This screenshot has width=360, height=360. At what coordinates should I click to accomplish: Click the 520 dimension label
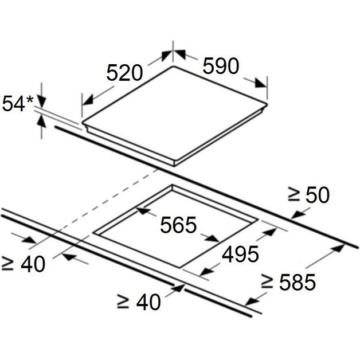124,73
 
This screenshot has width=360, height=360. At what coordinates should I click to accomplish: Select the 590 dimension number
221,66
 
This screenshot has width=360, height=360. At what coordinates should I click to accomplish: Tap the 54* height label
18,104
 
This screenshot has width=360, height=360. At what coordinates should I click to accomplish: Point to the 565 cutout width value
178,225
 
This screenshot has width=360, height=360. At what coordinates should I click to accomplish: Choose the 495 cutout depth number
240,254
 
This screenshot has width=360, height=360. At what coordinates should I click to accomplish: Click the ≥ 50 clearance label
309,195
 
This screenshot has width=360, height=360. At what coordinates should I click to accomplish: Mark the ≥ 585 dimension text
288,281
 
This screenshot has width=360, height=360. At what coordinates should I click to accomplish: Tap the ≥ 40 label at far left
23,264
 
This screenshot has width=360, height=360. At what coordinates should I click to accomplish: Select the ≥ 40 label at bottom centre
139,302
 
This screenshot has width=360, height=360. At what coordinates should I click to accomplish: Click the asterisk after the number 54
30,100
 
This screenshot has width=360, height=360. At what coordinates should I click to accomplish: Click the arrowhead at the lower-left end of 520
88,100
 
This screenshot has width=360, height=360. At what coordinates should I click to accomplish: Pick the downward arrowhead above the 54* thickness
41,102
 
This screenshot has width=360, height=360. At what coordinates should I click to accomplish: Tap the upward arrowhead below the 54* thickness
41,121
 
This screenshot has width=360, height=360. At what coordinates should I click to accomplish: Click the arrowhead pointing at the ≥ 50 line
298,214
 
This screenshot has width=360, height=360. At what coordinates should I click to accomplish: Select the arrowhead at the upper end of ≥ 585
339,248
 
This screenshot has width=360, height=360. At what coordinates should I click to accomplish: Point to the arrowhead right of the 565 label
212,238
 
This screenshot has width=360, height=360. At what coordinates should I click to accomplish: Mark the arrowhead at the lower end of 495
205,272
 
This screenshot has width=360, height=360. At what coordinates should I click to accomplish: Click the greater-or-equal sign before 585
267,281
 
